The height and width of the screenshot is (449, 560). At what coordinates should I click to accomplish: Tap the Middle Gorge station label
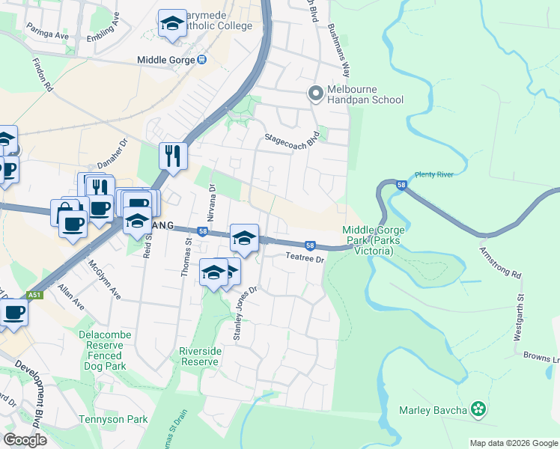click(171, 60)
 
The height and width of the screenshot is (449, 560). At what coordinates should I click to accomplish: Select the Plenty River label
click(434, 174)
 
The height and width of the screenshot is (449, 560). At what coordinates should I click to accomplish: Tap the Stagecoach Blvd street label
click(293, 141)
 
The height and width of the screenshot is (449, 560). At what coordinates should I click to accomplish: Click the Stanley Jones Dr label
click(246, 314)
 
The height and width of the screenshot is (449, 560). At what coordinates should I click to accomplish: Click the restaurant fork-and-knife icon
click(173, 156)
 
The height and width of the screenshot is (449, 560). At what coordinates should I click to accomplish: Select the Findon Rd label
click(42, 76)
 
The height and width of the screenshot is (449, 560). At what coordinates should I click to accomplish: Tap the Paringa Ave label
click(48, 35)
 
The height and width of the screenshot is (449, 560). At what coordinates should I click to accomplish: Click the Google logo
click(25, 440)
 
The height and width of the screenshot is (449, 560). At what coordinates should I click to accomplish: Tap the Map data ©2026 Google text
click(513, 443)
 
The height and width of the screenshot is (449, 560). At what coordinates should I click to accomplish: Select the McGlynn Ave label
click(104, 280)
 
